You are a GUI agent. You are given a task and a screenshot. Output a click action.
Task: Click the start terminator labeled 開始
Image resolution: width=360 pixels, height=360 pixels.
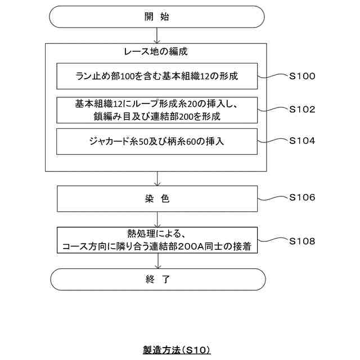tap(157, 17)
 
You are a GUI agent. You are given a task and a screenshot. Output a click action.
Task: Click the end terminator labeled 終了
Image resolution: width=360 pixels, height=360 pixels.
tap(157, 279)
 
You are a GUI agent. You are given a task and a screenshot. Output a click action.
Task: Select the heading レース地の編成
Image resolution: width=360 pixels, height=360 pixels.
tap(156, 52)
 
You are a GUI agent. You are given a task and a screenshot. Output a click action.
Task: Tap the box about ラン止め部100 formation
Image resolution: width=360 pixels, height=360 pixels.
tap(157, 76)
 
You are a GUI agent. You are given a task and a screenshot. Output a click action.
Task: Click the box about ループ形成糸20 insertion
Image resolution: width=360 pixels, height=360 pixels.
tap(157, 110)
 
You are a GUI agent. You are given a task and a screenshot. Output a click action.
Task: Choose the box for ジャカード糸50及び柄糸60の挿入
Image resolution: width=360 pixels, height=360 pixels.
tap(157, 141)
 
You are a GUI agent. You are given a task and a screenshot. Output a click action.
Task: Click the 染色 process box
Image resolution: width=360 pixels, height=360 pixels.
tap(157, 199)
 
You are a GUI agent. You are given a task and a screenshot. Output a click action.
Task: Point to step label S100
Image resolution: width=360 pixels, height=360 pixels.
tap(302, 76)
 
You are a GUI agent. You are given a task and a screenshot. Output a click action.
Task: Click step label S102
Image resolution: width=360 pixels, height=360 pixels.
tap(302, 110)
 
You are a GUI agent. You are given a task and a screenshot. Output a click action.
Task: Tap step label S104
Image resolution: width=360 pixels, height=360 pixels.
tap(302, 141)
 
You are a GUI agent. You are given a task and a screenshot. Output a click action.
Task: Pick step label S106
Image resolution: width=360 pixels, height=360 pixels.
tap(302, 197)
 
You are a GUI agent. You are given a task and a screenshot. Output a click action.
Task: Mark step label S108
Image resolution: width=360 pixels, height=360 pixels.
tap(302, 241)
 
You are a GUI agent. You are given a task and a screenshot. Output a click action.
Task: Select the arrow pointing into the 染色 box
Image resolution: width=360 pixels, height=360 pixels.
tap(157, 179)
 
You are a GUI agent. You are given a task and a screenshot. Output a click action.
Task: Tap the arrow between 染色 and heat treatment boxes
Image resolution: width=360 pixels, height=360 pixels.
tap(157, 219)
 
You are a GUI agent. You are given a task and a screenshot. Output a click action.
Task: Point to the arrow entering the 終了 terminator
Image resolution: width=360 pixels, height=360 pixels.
tap(157, 261)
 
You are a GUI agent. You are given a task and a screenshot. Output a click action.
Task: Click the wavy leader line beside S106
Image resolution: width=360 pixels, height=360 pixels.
tap(272, 198)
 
